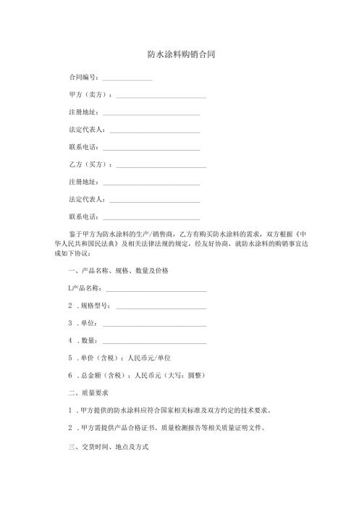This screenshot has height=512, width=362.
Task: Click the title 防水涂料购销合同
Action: pos(181,54)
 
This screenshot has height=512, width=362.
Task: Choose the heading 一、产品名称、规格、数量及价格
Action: pos(118,270)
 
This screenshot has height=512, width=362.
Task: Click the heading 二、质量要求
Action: pos(88,393)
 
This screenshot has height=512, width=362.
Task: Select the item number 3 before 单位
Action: pos(70,323)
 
